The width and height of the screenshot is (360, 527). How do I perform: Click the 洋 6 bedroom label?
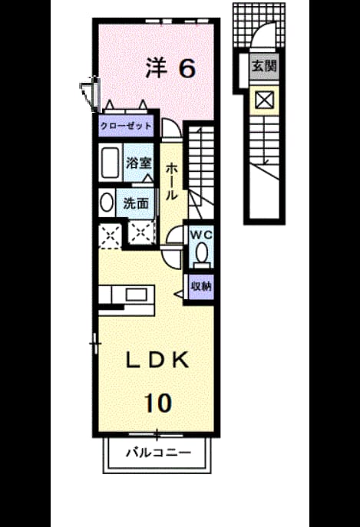170,68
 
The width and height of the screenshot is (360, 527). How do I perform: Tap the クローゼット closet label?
126,126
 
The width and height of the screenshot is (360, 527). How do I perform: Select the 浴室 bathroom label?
138,163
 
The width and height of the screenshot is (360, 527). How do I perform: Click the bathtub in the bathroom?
109,163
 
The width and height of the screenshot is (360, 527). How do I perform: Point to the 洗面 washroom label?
136,203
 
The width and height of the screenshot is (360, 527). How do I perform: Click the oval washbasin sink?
107,202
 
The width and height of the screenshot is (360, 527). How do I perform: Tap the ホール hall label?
171,182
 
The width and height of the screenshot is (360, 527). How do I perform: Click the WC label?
201,235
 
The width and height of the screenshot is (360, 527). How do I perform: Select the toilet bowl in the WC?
201,253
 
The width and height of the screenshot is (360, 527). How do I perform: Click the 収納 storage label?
201,286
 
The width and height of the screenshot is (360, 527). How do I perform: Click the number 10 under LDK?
158,403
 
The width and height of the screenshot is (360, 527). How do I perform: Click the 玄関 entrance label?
264,66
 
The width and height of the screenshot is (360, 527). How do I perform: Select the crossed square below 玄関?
264,100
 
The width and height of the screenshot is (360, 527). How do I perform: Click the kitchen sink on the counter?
137,295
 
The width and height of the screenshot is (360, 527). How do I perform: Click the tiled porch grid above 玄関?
259,25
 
